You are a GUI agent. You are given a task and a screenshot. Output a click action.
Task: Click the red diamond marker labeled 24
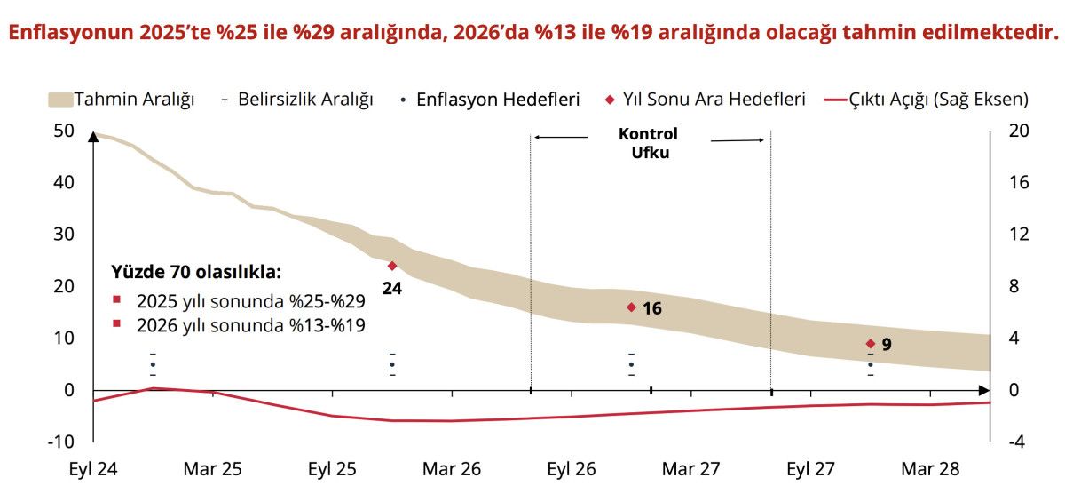click(391, 266)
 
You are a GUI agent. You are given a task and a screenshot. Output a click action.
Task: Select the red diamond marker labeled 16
click(631, 307)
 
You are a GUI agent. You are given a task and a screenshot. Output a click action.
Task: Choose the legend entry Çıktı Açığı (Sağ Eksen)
click(927, 99)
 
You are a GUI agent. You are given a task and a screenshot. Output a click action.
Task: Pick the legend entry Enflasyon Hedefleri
click(498, 99)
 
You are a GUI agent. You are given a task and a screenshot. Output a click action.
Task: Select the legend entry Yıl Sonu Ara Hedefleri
click(705, 99)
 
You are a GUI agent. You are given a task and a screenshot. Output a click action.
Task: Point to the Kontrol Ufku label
click(648, 143)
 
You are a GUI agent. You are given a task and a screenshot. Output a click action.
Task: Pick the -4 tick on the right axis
click(1018, 442)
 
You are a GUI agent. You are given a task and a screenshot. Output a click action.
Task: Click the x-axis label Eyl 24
click(93, 469)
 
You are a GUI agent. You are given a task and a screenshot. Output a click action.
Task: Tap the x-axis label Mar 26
click(452, 469)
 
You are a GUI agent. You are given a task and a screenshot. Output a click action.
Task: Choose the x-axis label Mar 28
click(930, 469)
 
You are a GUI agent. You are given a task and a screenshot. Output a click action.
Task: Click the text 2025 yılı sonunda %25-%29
click(250, 301)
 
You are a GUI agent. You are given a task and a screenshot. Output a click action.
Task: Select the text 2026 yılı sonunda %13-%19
click(250, 325)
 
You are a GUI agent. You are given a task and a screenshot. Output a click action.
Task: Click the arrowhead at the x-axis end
click(984, 390)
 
